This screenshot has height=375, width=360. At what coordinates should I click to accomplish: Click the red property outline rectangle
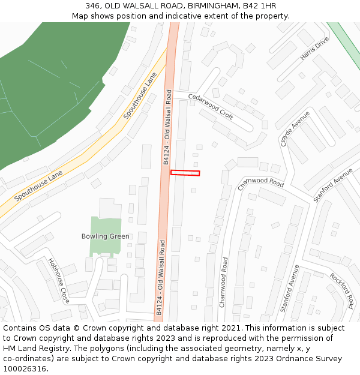tap(185, 173)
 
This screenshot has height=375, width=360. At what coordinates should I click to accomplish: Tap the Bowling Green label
tap(105, 236)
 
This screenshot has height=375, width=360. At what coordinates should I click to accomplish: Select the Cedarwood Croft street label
tap(211, 106)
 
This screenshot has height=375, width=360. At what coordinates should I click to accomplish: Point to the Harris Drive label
tap(314, 48)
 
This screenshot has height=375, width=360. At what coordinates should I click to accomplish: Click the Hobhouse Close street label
tap(59, 280)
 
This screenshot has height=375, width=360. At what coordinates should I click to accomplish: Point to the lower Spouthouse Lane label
tap(38, 185)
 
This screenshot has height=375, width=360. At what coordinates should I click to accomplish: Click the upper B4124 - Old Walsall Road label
tap(167, 127)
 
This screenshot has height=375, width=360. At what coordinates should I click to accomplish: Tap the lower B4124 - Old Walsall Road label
tap(160, 277)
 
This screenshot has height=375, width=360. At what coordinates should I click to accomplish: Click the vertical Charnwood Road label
tap(224, 282)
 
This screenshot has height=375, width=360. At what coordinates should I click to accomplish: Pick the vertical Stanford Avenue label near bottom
tap(289, 289)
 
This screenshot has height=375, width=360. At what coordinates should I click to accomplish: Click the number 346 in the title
tap(93, 6)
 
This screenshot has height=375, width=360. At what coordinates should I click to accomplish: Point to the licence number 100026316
tap(25, 368)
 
